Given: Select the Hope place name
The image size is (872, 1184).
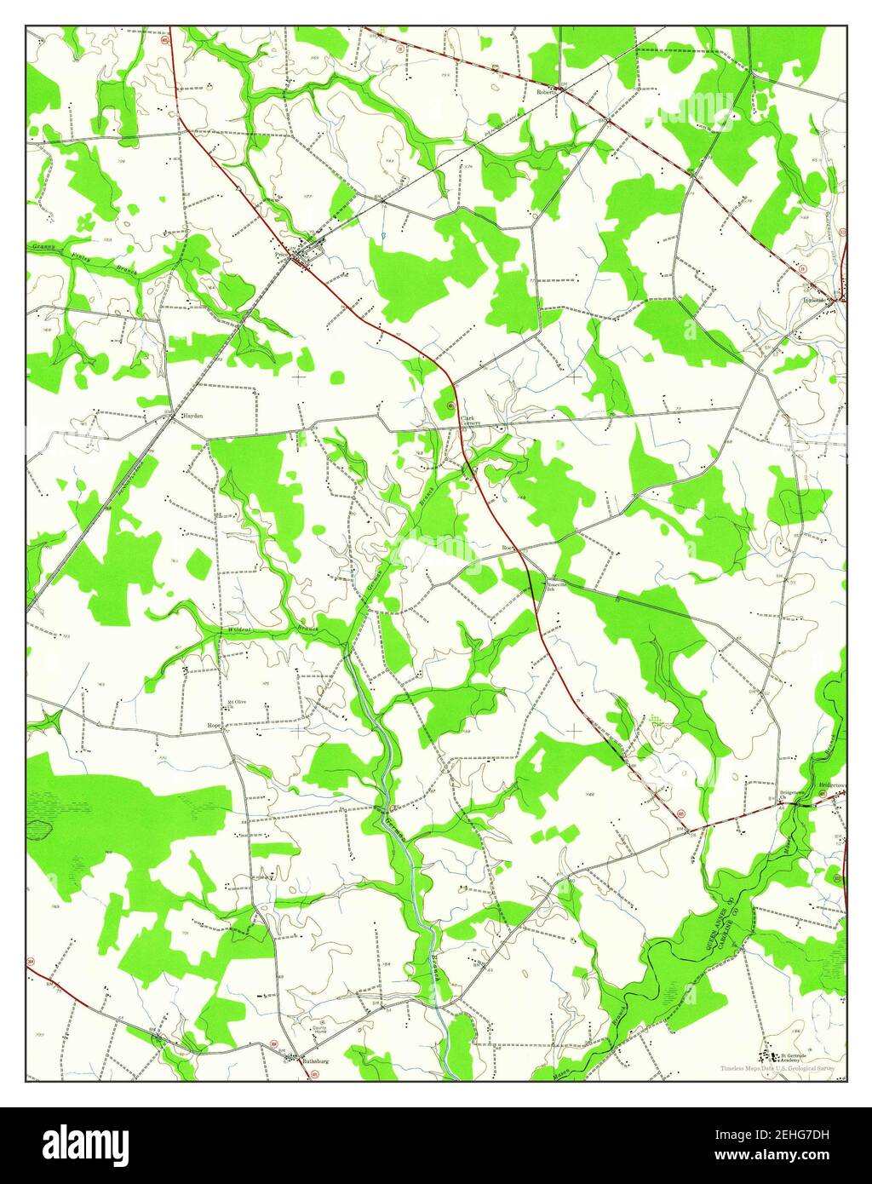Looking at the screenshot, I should [215, 726].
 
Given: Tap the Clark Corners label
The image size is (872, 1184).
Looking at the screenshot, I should [471, 420].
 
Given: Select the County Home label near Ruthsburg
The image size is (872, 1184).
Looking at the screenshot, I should [323, 1029].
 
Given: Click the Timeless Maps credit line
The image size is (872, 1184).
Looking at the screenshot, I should [776, 1067].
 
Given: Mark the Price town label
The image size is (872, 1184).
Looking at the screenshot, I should [280, 254].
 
